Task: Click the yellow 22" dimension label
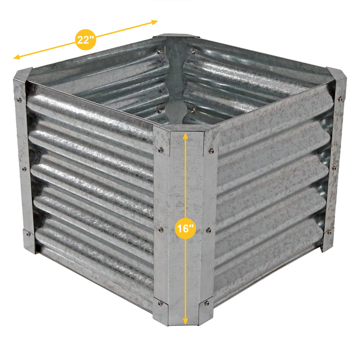(84, 39)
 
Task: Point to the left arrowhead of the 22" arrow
(16, 57)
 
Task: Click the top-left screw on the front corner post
(161, 150)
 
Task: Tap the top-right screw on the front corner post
(211, 150)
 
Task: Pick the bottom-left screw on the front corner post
(161, 303)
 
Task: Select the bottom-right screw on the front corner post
(207, 303)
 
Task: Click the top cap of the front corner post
(184, 128)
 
